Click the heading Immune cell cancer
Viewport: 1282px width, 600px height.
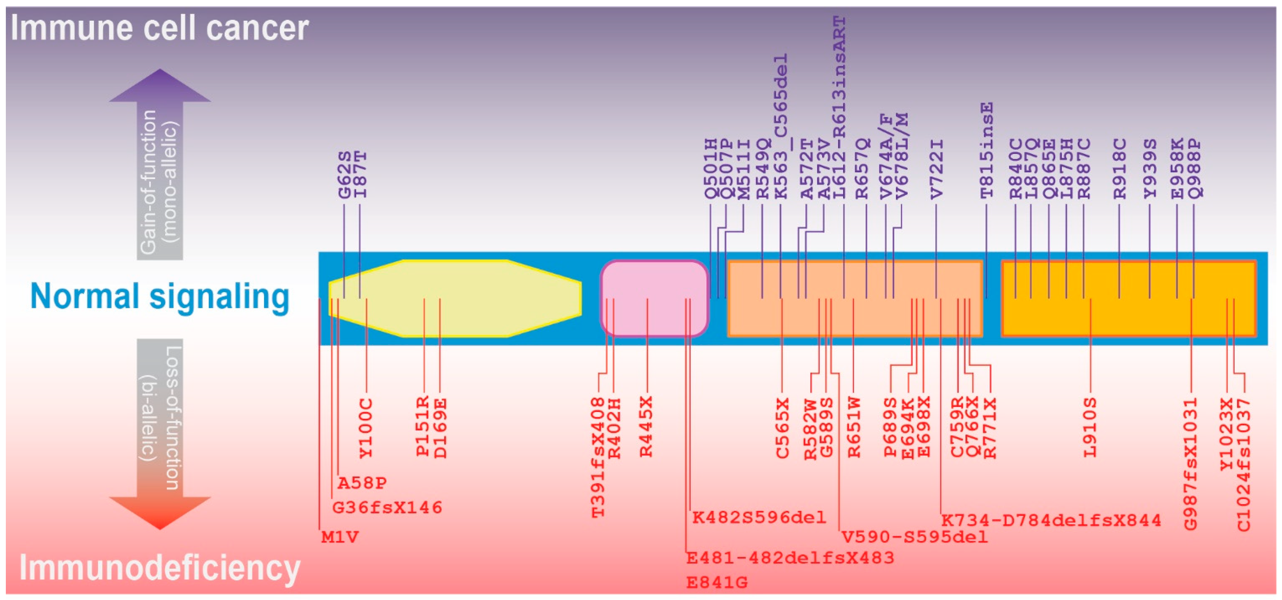pyautogui.click(x=159, y=28)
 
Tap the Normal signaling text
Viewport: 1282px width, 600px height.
pyautogui.click(x=159, y=296)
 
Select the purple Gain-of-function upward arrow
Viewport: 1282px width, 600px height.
pyautogui.click(x=160, y=164)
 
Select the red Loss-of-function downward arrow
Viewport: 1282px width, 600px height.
pyautogui.click(x=160, y=433)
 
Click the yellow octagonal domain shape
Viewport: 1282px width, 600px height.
pyautogui.click(x=454, y=299)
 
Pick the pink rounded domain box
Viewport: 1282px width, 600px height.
pyautogui.click(x=654, y=299)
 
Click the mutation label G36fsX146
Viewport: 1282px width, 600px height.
pyautogui.click(x=387, y=508)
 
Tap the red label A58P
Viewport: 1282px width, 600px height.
pyautogui.click(x=362, y=483)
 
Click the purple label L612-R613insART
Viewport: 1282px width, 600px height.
pyautogui.click(x=840, y=107)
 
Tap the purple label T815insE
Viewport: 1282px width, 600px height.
pyautogui.click(x=986, y=150)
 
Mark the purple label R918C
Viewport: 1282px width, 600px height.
pyautogui.click(x=1119, y=169)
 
